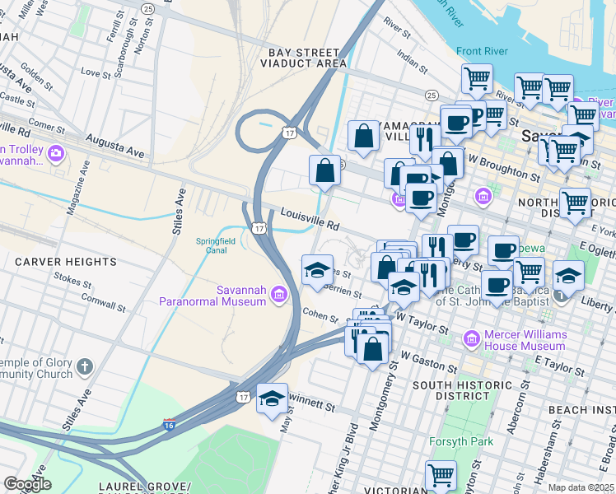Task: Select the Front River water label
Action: [481, 51]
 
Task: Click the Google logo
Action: [26, 484]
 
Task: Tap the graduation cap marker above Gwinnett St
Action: [272, 399]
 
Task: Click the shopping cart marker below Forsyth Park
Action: [441, 475]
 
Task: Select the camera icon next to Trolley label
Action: [56, 153]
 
